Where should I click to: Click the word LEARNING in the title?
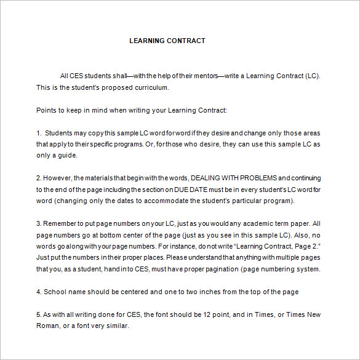coord(147,41)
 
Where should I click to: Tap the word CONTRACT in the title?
coord(186,41)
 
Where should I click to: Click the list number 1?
coord(38,133)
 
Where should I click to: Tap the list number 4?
coord(38,292)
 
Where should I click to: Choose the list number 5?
coord(38,314)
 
